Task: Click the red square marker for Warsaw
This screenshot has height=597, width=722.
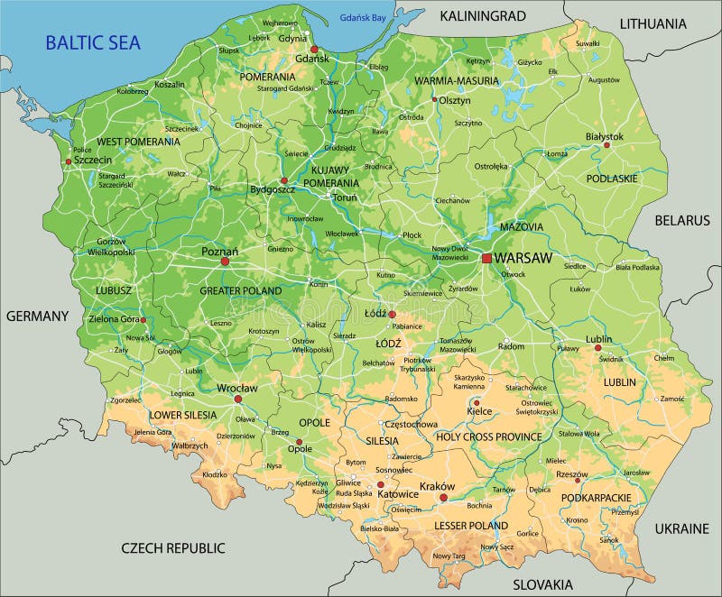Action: click(487, 258)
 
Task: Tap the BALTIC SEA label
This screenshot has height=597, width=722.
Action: click(92, 41)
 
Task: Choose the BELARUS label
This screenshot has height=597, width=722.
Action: click(682, 220)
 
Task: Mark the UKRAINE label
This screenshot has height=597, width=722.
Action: click(682, 528)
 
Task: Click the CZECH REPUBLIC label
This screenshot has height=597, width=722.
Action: click(173, 547)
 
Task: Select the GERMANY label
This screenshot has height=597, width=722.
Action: click(37, 316)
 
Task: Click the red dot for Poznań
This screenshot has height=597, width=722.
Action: click(226, 262)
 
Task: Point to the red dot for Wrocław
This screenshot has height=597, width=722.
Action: click(238, 399)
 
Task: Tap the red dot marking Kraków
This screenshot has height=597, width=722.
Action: click(443, 497)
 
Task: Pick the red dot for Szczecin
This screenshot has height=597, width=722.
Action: click(69, 162)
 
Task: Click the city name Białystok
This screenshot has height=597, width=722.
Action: click(604, 136)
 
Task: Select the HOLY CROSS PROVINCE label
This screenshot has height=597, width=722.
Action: click(488, 436)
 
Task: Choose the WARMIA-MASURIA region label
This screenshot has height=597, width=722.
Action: click(445, 81)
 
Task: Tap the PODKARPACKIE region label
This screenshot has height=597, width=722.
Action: click(595, 497)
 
